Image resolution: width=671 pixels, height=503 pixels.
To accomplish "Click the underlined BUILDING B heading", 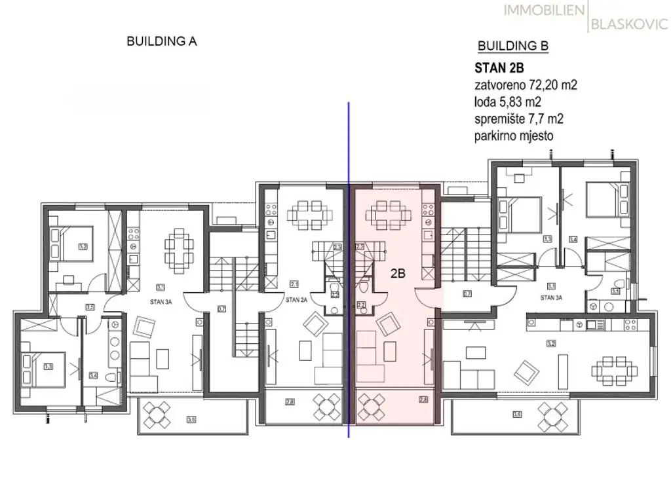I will click(513, 46).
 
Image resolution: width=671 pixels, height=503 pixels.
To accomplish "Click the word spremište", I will click(499, 119).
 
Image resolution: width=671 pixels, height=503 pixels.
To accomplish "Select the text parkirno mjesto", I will click(514, 137).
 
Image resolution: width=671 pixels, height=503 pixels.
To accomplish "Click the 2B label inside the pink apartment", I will click(398, 275).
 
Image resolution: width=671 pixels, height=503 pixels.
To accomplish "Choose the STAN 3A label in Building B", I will click(552, 297).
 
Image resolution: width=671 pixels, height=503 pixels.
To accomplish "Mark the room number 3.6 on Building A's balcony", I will click(192, 419).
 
